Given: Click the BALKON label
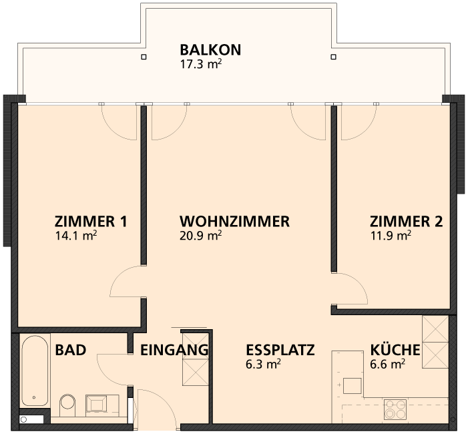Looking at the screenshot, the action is point(210,50).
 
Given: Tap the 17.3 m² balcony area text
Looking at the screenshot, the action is point(201,64).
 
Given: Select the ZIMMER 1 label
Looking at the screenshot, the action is point(91,222).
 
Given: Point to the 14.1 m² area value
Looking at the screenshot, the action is point(76,236).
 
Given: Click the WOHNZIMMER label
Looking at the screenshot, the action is point(234,222).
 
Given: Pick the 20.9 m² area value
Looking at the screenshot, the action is point(200,236).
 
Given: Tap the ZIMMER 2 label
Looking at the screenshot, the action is point(406,222).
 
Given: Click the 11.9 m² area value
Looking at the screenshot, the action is point(391,236).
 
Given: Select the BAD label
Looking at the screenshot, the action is point(71,350).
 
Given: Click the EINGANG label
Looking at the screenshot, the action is point(174,350).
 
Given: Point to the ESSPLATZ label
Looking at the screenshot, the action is point(280,350).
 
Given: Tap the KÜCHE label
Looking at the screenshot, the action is point(395,349).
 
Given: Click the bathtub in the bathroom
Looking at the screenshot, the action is point(35,371).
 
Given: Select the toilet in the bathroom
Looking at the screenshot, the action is point(67,405).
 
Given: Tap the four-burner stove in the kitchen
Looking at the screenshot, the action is point(395,409).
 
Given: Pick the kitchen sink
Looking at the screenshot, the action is point(353,386).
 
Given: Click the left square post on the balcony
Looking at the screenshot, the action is point(144,57).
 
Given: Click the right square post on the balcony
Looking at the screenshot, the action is point(333,57).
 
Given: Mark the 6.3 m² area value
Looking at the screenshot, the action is point(263,365).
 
